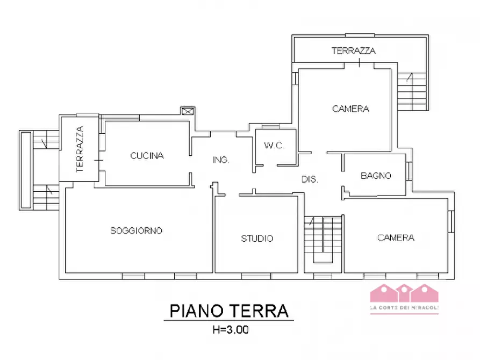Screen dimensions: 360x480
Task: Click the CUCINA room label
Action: (x=147, y=156)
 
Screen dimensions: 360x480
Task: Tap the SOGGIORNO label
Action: (x=137, y=231)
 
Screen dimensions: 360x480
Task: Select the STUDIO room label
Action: (x=257, y=238)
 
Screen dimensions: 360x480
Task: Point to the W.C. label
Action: (x=274, y=146)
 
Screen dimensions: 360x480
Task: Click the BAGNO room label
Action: (x=376, y=176)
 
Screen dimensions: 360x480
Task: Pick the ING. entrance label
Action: (x=221, y=160)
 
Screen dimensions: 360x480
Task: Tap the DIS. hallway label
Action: (x=310, y=180)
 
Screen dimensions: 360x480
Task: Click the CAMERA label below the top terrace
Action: (x=350, y=109)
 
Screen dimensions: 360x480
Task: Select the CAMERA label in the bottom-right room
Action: (x=396, y=237)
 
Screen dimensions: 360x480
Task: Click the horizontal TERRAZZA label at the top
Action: (x=353, y=51)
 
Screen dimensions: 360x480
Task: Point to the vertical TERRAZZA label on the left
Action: (x=80, y=149)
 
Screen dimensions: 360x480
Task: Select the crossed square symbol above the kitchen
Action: (x=188, y=111)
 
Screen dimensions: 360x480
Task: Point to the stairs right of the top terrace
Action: (x=413, y=91)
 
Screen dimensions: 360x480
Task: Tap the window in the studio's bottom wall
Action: (x=255, y=276)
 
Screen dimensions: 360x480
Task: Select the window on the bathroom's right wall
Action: (x=409, y=171)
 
